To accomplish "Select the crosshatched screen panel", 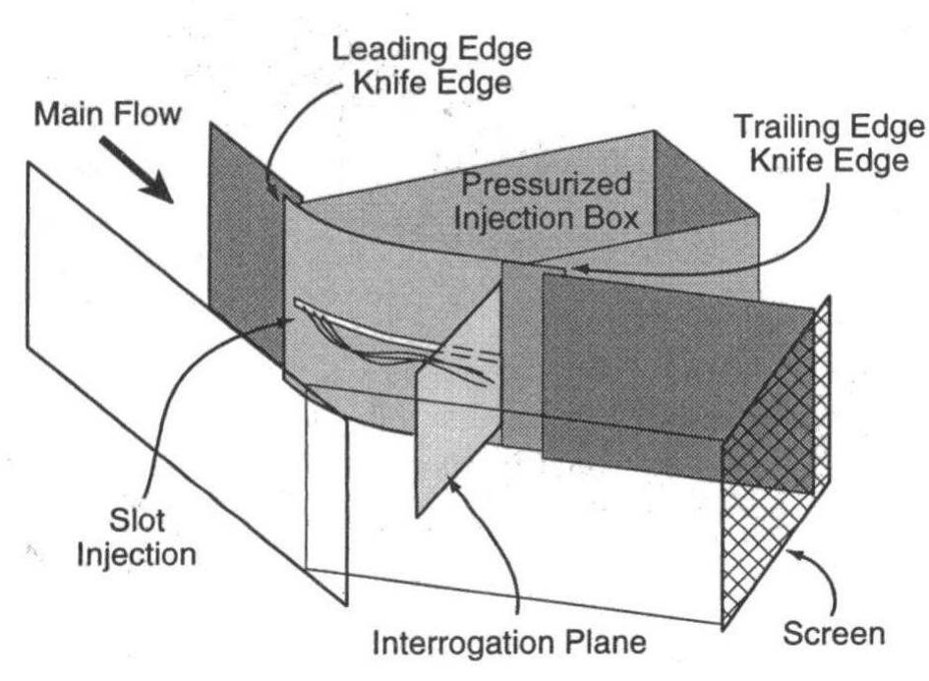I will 777,462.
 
